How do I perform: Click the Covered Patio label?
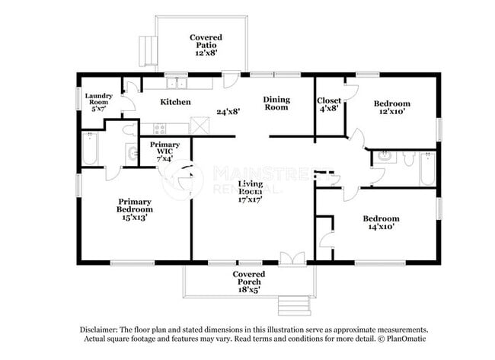pos(206,45)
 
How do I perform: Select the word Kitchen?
pos(175,102)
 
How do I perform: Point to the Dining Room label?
pos(276,104)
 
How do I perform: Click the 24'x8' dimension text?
pos(228,111)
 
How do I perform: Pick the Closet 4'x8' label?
pos(329,104)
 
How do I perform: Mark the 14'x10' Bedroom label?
pos(382,223)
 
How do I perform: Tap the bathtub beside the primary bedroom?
pos(89,149)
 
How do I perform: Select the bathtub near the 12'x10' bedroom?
pos(426,170)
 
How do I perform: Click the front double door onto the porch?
pos(291,259)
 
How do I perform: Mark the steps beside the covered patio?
pos(146,51)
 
